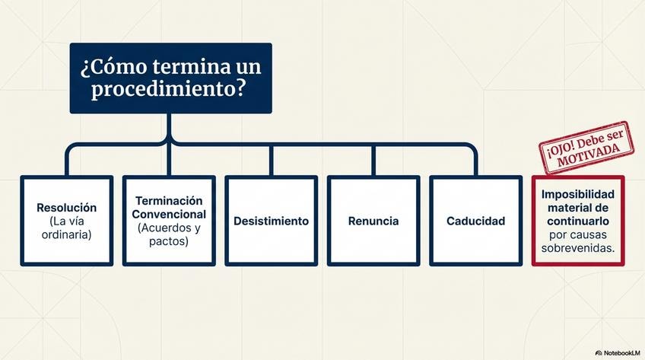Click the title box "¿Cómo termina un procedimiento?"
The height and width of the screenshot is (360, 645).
[x=170, y=78]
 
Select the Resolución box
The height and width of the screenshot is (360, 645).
[x=67, y=221]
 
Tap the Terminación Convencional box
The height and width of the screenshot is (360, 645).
[x=169, y=221]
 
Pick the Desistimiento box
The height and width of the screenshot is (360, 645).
[x=271, y=221]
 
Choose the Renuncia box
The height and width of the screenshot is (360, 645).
[x=373, y=221]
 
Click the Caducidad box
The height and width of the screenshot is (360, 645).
[x=475, y=221]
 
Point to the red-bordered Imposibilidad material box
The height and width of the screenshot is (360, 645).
[x=578, y=221]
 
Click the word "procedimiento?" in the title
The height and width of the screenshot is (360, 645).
[x=168, y=89]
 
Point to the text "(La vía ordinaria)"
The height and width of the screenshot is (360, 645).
[x=66, y=228]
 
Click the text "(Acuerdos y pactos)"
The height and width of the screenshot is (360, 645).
[x=169, y=234]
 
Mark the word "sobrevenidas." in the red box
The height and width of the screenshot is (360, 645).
[x=578, y=249]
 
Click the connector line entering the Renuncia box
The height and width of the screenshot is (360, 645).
[x=373, y=161]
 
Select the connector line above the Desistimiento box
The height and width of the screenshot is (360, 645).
[x=271, y=161]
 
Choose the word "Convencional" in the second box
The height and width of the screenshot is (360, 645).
[x=169, y=214]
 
